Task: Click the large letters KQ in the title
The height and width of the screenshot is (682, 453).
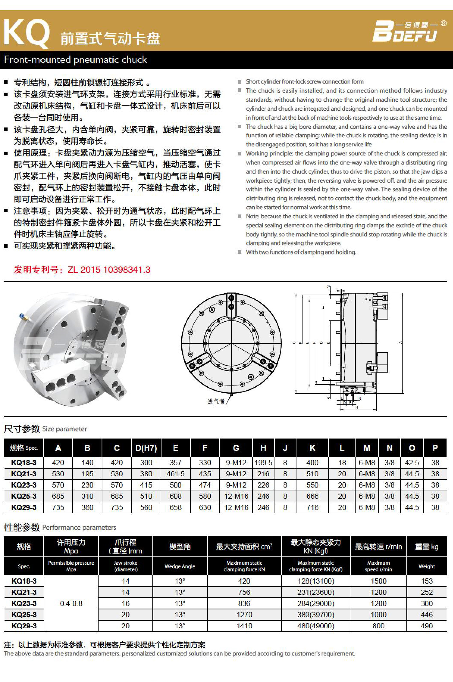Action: click(26, 34)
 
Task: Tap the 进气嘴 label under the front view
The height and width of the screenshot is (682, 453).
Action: click(216, 401)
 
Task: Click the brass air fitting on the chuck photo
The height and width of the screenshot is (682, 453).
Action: click(23, 317)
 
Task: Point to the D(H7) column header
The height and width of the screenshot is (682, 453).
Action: click(146, 448)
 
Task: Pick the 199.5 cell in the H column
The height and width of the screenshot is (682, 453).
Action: click(263, 463)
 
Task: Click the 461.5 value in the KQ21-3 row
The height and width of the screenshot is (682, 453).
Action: click(175, 474)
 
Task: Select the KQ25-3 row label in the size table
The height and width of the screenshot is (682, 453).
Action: click(24, 496)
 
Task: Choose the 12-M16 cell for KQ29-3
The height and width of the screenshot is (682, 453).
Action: click(236, 507)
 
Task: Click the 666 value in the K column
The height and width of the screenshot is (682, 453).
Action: click(312, 496)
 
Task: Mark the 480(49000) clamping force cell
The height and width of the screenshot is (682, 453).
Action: click(316, 626)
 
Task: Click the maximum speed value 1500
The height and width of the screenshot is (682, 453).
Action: click(378, 581)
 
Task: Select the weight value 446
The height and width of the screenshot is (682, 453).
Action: click(427, 615)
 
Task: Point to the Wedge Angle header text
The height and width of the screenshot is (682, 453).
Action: click(180, 566)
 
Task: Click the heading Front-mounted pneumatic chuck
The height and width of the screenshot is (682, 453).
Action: click(76, 60)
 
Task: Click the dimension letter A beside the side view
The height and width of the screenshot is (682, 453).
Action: click(400, 342)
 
